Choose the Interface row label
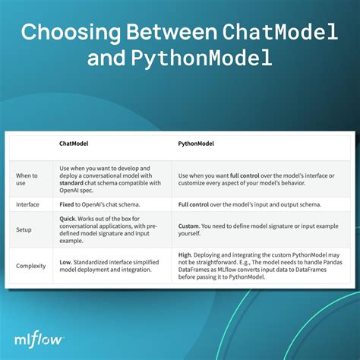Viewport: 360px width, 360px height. [29, 204]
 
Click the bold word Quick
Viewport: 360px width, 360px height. [69, 217]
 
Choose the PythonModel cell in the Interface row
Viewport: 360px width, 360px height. [258, 204]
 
